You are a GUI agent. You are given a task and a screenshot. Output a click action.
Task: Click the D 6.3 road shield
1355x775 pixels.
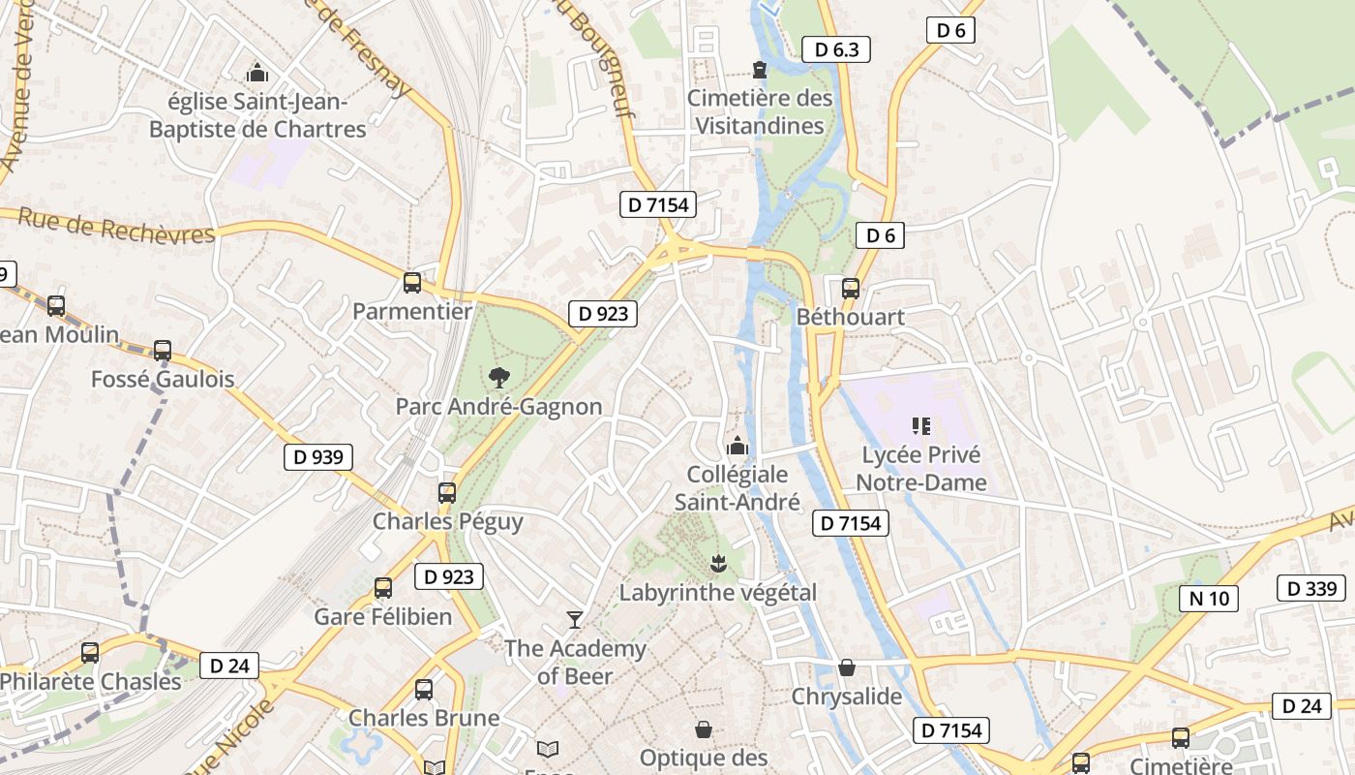[x=836, y=49]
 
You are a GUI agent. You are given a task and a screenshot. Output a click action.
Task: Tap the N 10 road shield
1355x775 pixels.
[x=1209, y=598]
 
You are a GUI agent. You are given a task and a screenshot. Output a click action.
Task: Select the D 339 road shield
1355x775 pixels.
[x=1311, y=588]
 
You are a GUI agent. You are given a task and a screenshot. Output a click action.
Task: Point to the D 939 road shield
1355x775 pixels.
[x=318, y=457]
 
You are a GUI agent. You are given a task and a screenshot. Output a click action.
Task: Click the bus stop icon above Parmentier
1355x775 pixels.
[x=412, y=283]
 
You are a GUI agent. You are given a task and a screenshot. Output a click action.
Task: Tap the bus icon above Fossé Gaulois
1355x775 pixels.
[x=163, y=351]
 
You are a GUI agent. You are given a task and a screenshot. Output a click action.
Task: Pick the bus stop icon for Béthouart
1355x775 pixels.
[x=850, y=288]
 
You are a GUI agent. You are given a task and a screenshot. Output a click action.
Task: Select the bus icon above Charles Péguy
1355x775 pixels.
[x=447, y=492]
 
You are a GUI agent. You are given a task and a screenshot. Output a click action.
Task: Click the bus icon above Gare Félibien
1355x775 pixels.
[x=383, y=588]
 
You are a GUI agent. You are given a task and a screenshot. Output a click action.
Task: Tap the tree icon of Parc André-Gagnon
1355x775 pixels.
[x=498, y=378]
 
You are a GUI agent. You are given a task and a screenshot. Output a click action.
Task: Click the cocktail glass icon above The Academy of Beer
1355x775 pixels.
[x=575, y=620]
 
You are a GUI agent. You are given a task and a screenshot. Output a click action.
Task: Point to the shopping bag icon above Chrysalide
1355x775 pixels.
[x=847, y=667]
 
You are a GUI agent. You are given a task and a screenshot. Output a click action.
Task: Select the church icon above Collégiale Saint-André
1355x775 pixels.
[x=738, y=447]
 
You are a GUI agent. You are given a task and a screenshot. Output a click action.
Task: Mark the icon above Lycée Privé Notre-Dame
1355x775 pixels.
[x=920, y=425]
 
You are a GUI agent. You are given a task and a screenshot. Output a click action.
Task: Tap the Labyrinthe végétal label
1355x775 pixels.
[x=718, y=592]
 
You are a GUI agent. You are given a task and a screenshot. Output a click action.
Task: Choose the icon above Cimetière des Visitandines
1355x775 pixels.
[x=760, y=70]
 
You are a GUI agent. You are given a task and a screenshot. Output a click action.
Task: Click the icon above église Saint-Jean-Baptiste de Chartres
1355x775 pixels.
[x=257, y=73]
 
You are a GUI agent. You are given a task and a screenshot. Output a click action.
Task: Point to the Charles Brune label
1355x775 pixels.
[x=424, y=718]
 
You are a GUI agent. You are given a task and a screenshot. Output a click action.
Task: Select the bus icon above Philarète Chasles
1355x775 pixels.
[x=90, y=653]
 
